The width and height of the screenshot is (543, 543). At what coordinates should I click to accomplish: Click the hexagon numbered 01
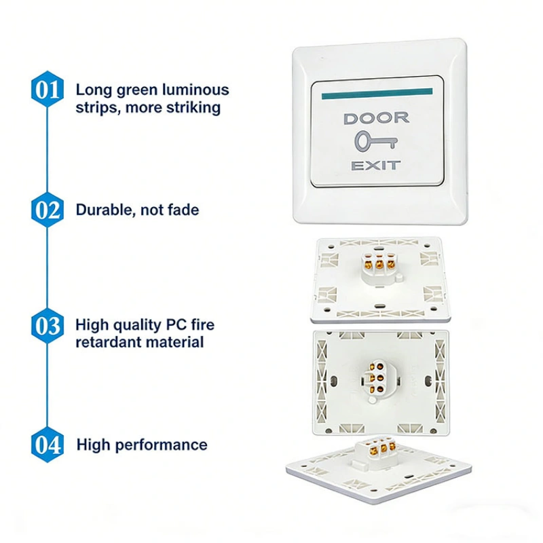[48, 89]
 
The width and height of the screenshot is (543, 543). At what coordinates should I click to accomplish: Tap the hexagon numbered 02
[48, 210]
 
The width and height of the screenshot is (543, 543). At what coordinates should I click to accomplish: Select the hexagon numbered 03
[48, 326]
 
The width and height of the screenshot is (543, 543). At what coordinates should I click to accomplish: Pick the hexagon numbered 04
[48, 445]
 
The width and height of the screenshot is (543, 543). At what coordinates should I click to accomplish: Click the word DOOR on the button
[377, 118]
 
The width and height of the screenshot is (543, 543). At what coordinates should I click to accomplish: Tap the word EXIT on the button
[376, 166]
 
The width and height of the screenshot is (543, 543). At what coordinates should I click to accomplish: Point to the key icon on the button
[376, 141]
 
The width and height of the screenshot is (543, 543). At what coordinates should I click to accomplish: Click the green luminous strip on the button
[377, 94]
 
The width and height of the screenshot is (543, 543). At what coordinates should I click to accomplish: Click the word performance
[161, 445]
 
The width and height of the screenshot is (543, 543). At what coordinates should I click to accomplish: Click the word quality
[137, 326]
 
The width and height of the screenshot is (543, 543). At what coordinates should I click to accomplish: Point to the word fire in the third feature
[203, 325]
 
